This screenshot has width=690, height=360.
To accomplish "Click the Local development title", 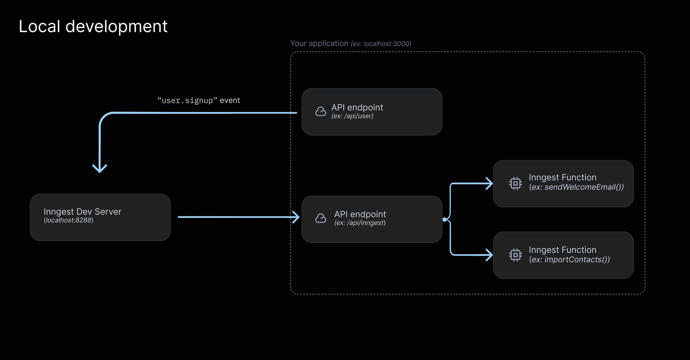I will [x=93, y=26].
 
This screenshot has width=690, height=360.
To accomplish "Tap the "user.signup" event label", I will [x=198, y=100].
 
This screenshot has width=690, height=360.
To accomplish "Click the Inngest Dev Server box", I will [x=100, y=217].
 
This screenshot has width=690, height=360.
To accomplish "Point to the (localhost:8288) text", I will [x=68, y=220].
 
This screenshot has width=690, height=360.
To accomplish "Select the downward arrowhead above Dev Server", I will [x=100, y=168].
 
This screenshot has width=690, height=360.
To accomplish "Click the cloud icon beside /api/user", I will [x=320, y=112].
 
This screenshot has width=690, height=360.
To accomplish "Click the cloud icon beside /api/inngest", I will [x=320, y=218].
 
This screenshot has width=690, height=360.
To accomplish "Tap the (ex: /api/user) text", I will [x=352, y=116].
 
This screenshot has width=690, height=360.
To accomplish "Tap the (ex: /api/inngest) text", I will [x=360, y=223].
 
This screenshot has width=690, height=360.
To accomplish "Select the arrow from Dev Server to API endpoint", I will [x=236, y=217].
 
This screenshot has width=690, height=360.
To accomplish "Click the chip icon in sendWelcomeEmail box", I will [x=515, y=183].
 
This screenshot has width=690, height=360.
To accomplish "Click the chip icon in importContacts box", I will [x=515, y=255].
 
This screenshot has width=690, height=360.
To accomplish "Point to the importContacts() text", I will [x=577, y=260].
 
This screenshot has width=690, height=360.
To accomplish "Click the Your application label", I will [x=319, y=43].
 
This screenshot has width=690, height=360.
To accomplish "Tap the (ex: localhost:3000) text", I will [x=381, y=44].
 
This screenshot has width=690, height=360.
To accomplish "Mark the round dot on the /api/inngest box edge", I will [x=445, y=219].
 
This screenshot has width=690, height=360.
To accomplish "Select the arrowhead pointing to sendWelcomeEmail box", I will [x=489, y=183].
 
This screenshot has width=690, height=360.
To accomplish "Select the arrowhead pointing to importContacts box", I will [x=489, y=255].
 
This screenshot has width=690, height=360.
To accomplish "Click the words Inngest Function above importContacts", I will [x=562, y=250].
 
